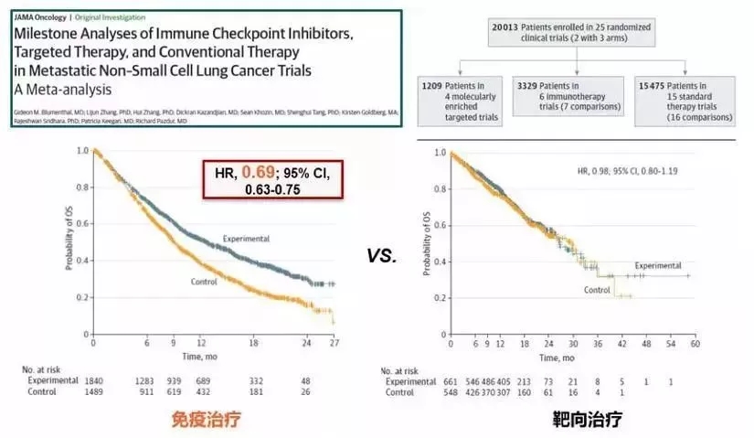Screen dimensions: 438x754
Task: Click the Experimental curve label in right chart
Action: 657,265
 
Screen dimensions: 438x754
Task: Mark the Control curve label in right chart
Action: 599,290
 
